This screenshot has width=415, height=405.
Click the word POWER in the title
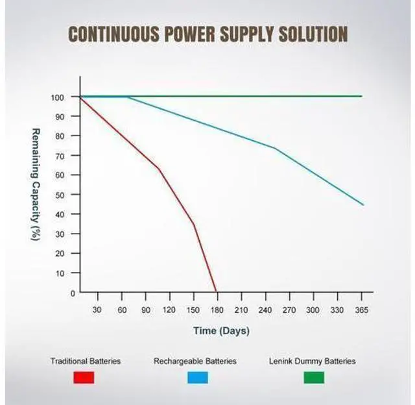tap(189, 34)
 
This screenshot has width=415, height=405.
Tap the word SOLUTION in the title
tap(313, 34)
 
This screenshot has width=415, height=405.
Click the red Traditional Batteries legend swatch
tap(84, 378)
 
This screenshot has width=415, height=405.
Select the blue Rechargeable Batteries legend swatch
tap(198, 378)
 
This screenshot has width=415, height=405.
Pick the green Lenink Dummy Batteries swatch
tap(314, 378)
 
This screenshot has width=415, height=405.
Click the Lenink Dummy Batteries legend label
tap(313, 362)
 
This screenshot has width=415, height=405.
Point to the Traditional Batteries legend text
tap(86, 361)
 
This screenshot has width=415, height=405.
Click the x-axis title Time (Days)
tap(221, 331)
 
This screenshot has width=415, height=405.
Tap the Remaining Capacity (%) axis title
tap(36, 184)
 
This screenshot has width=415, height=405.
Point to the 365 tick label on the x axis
tap(362, 310)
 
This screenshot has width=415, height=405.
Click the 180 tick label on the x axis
tap(217, 310)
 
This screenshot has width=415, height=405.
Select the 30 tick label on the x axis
tap(97, 310)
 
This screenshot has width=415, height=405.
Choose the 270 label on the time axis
tap(289, 310)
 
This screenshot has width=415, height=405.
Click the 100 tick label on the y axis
tap(58, 97)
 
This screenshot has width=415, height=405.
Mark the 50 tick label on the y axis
tap(60, 195)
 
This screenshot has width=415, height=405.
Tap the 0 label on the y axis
tap(73, 293)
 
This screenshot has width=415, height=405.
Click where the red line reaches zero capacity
tap(216, 291)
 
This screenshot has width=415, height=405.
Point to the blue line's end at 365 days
tap(363, 204)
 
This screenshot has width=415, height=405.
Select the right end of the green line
tap(362, 96)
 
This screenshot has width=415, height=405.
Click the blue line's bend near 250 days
tap(276, 149)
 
